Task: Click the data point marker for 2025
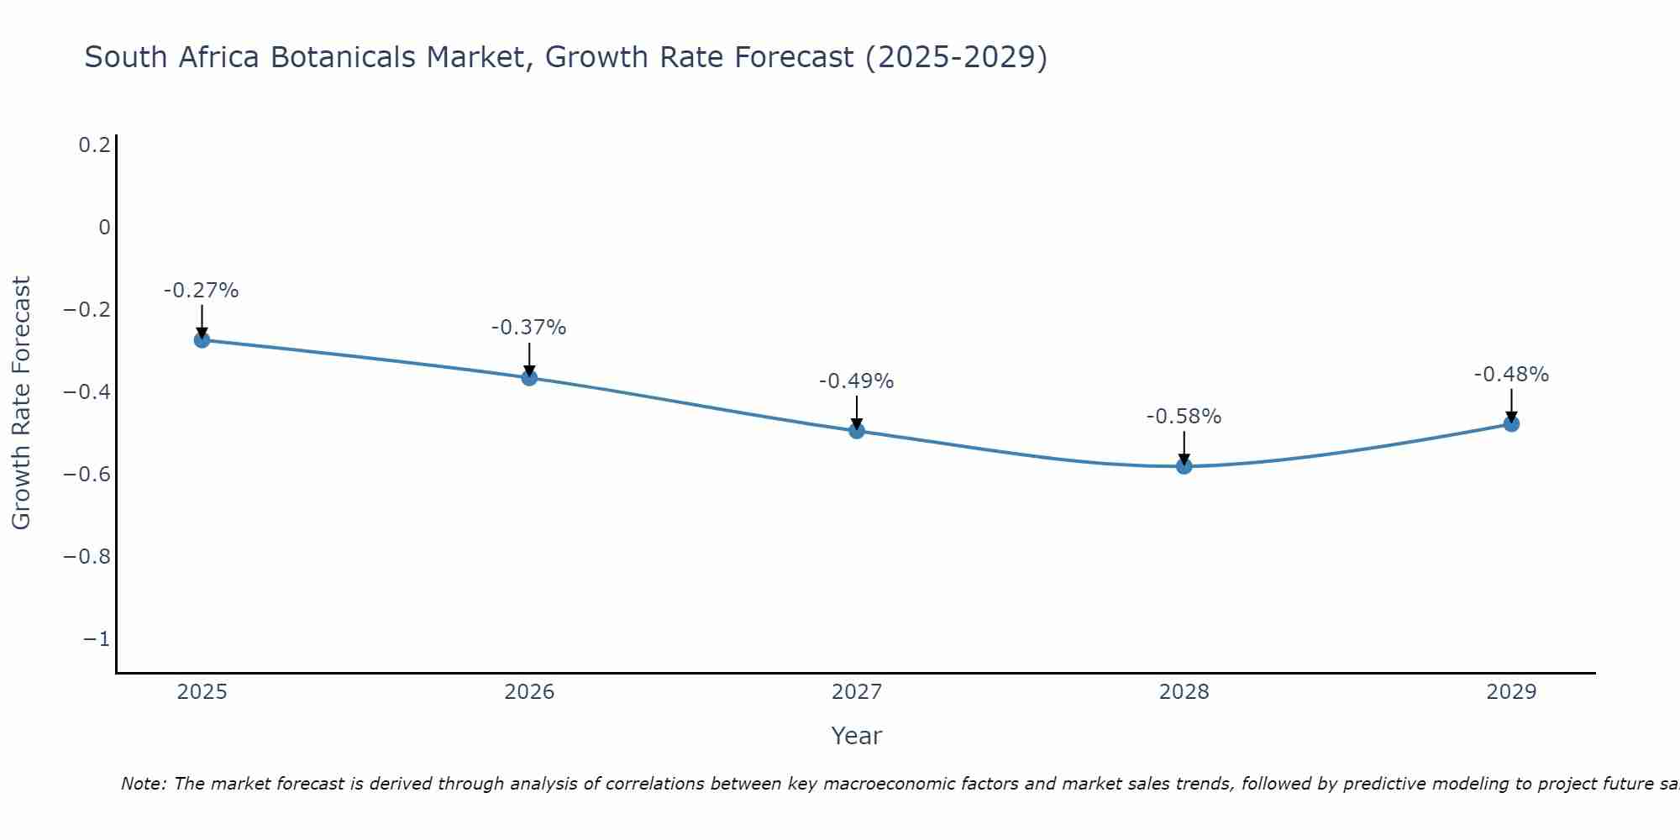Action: (202, 339)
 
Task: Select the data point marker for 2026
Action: (529, 377)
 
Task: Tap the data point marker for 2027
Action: (857, 431)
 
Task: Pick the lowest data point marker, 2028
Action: (1184, 466)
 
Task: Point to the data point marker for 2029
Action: (1511, 424)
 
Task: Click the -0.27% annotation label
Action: (201, 291)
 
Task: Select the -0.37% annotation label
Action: (528, 328)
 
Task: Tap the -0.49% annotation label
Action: (856, 381)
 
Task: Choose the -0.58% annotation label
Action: (1184, 417)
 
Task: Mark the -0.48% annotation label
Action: (1511, 375)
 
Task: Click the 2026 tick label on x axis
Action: (529, 692)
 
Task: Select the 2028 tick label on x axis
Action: (1184, 692)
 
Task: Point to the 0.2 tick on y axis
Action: (94, 145)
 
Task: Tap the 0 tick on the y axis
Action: (104, 228)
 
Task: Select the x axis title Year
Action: (856, 736)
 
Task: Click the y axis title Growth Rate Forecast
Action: (21, 402)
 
